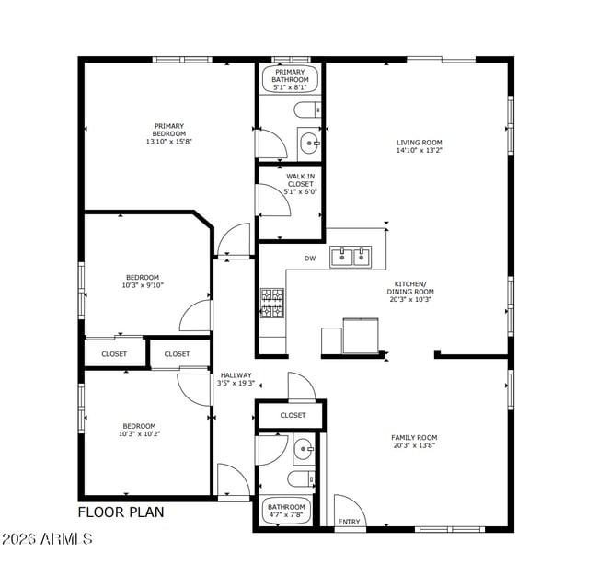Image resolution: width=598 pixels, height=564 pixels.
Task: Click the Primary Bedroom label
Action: pos(168,134)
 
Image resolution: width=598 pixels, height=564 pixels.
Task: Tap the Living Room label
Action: pos(420,146)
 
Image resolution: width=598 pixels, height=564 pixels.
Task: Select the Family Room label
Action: pos(415,442)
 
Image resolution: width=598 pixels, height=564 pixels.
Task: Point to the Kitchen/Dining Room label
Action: pos(409,292)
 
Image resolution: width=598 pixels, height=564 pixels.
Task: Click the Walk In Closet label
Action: pos(300,184)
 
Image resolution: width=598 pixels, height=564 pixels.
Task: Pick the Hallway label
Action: pos(235,379)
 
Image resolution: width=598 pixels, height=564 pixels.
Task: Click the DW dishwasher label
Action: pos(310,259)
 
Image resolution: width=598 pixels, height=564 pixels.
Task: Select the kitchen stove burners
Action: pos(271,303)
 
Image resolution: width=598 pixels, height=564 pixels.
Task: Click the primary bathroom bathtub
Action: pos(290,80)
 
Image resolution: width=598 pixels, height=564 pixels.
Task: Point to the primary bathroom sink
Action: pos(308,143)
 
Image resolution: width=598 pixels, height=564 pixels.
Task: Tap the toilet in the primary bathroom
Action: pos(307,111)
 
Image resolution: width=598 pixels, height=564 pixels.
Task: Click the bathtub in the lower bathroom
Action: pos(286,511)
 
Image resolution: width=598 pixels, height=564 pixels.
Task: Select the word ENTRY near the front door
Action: pos(349,522)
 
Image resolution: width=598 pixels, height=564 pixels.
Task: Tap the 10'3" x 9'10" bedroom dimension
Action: pos(142,285)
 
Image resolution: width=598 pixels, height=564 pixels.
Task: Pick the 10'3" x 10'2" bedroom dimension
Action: pos(139,433)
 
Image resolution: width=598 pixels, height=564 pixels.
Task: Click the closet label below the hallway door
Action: pos(293,415)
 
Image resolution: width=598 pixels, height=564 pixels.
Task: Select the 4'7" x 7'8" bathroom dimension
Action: pos(286,514)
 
